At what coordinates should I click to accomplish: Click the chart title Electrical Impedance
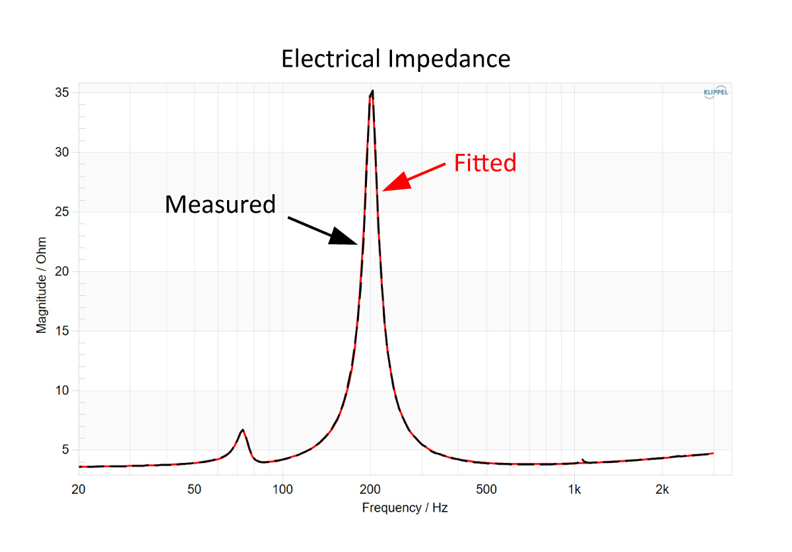395,59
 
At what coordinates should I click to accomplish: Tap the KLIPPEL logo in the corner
715,92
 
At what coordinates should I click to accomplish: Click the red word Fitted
485,162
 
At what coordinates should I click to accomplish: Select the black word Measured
220,205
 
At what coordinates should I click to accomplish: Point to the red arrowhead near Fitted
398,182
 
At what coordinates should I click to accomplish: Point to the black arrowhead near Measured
342,236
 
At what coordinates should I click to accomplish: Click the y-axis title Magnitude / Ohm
42,285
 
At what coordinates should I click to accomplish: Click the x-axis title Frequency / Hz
405,508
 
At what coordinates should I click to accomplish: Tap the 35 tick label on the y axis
62,92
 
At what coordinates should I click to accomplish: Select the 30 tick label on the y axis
62,152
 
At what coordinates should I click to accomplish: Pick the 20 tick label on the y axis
62,271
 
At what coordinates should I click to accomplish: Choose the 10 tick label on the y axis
62,390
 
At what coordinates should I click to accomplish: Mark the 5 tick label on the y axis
65,450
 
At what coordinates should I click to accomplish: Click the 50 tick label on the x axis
194,489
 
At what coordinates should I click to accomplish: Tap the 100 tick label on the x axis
282,489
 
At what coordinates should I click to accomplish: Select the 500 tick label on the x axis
486,489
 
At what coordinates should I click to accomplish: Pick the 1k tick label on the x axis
574,489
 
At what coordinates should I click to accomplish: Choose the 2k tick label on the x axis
662,489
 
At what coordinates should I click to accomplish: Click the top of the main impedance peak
373,91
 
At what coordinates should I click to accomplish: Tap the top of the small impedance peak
243,430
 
